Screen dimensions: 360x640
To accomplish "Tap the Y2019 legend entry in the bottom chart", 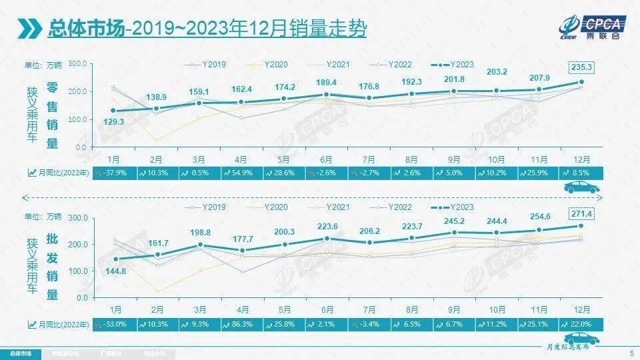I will (208, 207).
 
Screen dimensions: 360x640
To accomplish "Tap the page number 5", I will (631, 353).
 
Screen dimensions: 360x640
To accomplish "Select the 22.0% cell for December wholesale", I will (584, 324).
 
